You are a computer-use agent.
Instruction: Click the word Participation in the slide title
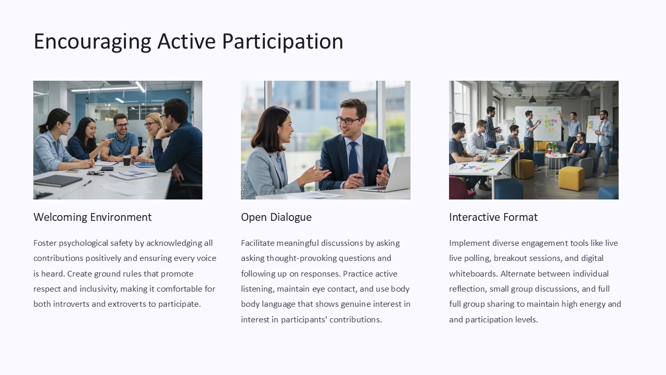point(283,42)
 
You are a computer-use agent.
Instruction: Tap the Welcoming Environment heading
point(92,217)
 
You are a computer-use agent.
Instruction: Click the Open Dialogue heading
point(276,217)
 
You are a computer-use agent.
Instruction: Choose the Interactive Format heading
point(493,217)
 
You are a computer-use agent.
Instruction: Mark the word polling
point(475,258)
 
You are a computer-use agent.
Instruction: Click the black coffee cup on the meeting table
point(126,161)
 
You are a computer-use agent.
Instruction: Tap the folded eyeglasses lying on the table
point(95,173)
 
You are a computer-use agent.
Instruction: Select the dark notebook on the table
point(58,180)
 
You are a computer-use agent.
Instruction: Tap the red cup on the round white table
point(549,151)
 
